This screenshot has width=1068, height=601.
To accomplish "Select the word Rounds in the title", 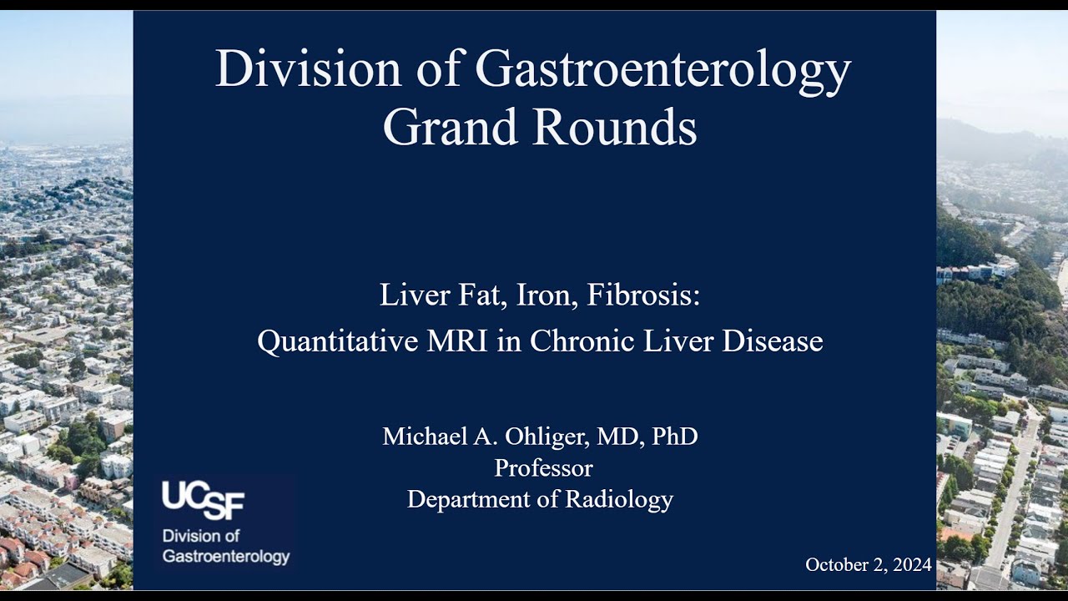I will (617, 129).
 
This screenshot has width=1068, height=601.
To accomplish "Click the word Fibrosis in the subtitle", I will (644, 295).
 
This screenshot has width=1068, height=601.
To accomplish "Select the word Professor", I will (543, 468).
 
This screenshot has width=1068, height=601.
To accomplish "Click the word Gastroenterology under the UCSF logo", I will (225, 557).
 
